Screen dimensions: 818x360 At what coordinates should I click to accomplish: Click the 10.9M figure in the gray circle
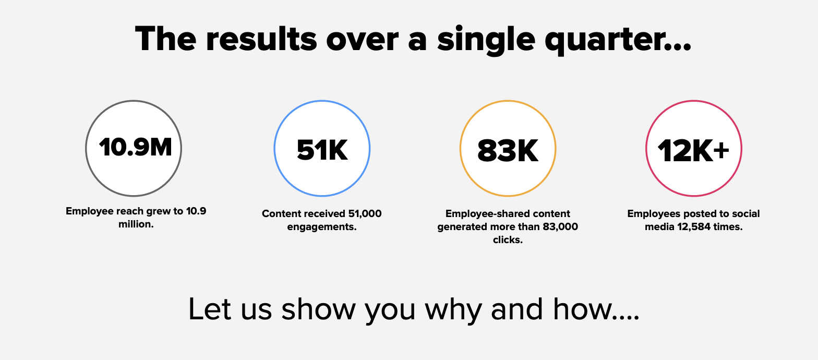click(x=135, y=148)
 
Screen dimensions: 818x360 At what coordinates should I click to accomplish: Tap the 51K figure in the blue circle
click(x=322, y=150)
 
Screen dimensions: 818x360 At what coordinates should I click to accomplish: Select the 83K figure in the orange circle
click(x=508, y=150)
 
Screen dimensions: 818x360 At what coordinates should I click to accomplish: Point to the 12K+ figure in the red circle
click(x=693, y=150)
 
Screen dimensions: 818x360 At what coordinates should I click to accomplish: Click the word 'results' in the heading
click(x=261, y=39)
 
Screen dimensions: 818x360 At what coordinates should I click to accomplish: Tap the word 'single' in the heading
click(x=486, y=40)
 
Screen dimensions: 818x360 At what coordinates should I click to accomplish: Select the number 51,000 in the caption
click(x=365, y=213)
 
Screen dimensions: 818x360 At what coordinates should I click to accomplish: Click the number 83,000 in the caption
click(x=560, y=227)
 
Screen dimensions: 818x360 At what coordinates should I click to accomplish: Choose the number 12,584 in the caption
click(x=693, y=227)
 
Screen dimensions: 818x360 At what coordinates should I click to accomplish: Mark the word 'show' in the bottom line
click(x=318, y=309)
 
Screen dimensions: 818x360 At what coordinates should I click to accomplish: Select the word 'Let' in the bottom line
click(x=210, y=309)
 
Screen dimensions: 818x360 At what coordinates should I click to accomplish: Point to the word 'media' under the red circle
click(x=659, y=227)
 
